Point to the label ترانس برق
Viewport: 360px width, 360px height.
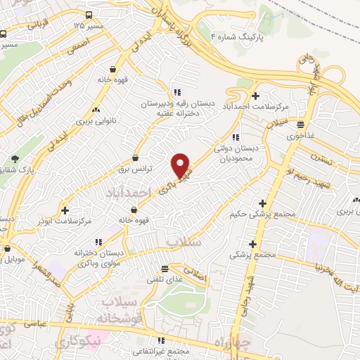(135, 169)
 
